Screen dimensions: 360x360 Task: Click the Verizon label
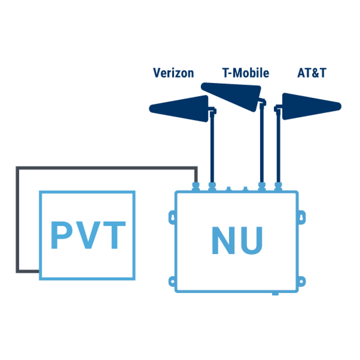click(x=173, y=73)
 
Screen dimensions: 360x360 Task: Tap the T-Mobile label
click(x=245, y=73)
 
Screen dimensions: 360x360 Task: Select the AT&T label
click(x=311, y=73)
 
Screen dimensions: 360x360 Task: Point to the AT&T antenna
click(x=309, y=106)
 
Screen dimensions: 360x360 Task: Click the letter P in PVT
click(x=63, y=235)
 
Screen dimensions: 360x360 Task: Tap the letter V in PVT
click(x=87, y=235)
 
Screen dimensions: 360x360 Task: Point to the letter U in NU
click(x=250, y=241)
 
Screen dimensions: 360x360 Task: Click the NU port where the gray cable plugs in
click(x=196, y=185)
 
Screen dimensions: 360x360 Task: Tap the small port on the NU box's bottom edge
click(x=275, y=293)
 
